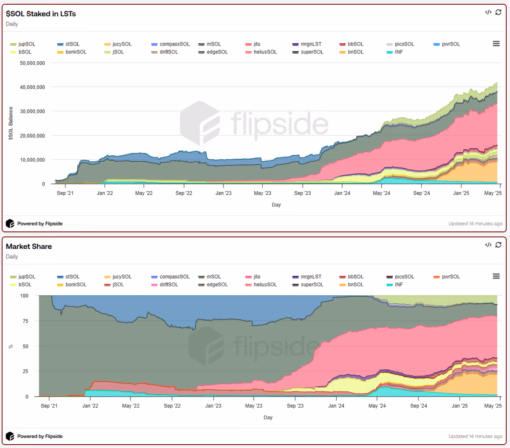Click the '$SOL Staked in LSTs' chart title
pos(41,14)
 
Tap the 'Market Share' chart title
pos(29,246)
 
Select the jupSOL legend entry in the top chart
pos(23,44)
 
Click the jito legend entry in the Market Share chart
pos(253,277)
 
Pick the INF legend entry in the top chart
pos(394,52)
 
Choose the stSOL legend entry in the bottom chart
pos(68,277)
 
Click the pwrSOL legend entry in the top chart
pos(447,44)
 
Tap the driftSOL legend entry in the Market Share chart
pos(164,285)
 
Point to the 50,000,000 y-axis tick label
pos(32,63)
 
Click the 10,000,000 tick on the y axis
pos(32,160)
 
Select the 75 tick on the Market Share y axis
pos(25,321)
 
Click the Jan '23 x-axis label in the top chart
pos(224,193)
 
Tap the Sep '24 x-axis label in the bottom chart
pos(418,406)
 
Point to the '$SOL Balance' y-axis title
pos(11,123)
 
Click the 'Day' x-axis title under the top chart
pos(276,205)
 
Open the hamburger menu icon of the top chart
pos(496,43)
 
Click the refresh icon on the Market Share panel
pos(499,245)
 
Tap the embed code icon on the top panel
pos(488,12)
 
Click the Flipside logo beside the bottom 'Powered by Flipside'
pos(10,436)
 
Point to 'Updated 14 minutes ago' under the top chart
pos(475,223)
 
